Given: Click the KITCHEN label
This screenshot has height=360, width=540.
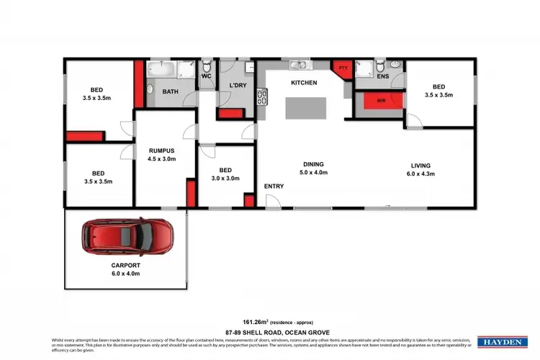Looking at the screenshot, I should coord(303,83).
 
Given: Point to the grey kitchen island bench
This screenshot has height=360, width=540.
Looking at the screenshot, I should coord(304,107).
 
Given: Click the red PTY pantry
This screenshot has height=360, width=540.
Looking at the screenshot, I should coord(342,69).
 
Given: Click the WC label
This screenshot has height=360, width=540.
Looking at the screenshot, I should coord(206,76).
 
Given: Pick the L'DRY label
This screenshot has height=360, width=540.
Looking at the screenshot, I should coord(238,86).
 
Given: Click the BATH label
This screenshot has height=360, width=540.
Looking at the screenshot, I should coord(170,91).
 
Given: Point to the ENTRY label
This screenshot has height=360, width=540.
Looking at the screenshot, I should coord(274,186).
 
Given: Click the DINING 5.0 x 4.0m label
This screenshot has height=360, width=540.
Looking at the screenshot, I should coord(313,168).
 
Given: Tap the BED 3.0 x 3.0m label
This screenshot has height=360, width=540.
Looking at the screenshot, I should coord(225,174).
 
